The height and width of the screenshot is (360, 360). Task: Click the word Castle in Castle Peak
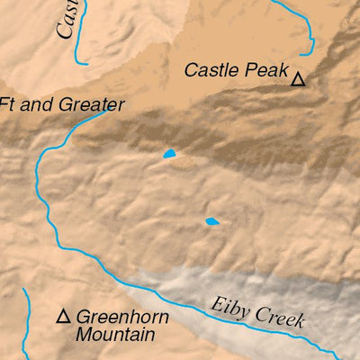click(x=211, y=70)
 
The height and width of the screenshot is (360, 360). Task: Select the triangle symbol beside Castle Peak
click(x=299, y=80)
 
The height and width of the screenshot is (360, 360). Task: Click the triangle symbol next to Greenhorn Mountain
click(x=64, y=317)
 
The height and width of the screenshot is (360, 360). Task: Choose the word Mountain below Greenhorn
click(x=115, y=334)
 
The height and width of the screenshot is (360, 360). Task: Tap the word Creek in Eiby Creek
click(x=279, y=317)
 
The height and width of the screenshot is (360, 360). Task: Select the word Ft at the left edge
click(x=9, y=103)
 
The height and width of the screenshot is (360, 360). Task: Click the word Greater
click(x=91, y=104)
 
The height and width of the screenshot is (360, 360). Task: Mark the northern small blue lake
click(x=169, y=155)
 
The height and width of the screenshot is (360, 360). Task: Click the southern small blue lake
click(x=212, y=220)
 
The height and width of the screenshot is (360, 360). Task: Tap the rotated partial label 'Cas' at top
click(x=66, y=20)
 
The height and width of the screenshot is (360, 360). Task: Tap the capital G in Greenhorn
click(x=83, y=317)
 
